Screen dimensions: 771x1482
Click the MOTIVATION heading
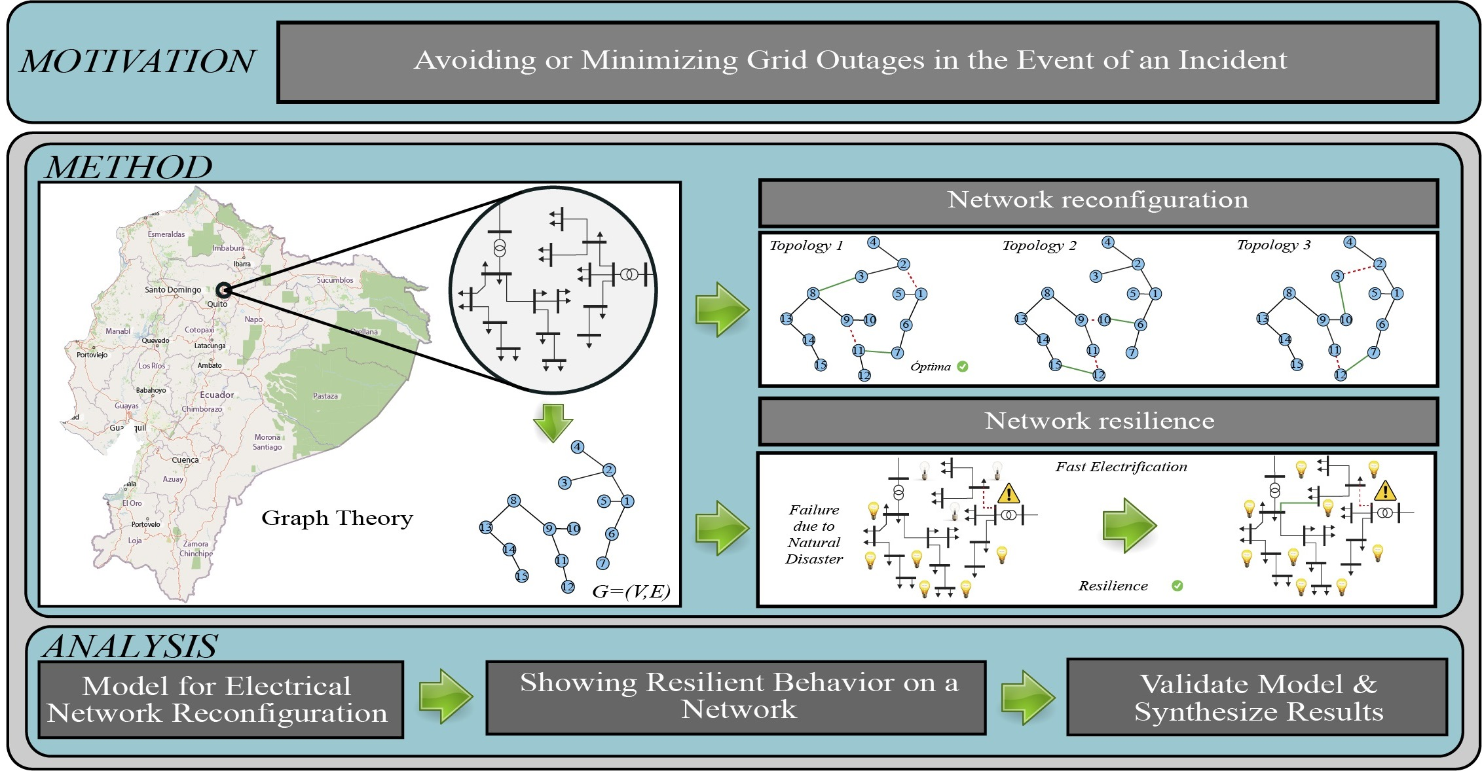pyautogui.click(x=138, y=62)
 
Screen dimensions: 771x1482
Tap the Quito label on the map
pyautogui.click(x=217, y=304)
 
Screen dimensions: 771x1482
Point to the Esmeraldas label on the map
pyautogui.click(x=166, y=234)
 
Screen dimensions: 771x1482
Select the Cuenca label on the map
pyautogui.click(x=185, y=460)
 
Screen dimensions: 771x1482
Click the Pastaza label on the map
pyautogui.click(x=325, y=396)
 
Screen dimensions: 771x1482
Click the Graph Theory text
pyautogui.click(x=337, y=518)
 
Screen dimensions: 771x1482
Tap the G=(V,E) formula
pyautogui.click(x=631, y=592)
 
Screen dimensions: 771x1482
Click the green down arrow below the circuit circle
pyautogui.click(x=553, y=423)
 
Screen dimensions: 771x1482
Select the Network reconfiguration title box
pyautogui.click(x=1098, y=200)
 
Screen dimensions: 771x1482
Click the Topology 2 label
pyautogui.click(x=1039, y=246)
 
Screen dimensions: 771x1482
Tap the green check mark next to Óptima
pyautogui.click(x=963, y=367)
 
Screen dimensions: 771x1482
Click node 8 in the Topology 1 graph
pyautogui.click(x=813, y=293)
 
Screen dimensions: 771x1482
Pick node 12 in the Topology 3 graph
pyautogui.click(x=1341, y=374)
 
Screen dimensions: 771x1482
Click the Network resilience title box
pyautogui.click(x=1099, y=421)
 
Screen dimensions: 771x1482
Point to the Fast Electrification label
pyautogui.click(x=1121, y=467)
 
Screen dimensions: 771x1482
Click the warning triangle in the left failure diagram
pyautogui.click(x=1009, y=493)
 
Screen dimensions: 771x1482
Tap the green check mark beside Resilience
pyautogui.click(x=1177, y=586)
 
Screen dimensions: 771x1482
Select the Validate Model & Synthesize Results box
pyautogui.click(x=1257, y=698)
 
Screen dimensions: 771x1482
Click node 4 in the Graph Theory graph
pyautogui.click(x=577, y=447)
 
